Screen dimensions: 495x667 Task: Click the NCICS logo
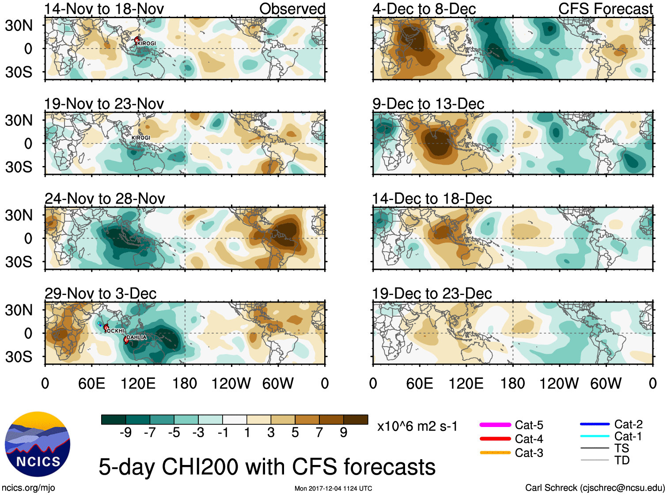point(38,444)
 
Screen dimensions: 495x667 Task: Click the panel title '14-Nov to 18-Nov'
point(104,9)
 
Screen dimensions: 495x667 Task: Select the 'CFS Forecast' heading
point(605,9)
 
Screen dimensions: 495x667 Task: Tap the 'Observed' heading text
point(292,9)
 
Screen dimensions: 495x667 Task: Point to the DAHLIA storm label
point(136,337)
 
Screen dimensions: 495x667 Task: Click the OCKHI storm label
point(116,331)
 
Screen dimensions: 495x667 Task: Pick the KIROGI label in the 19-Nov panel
point(141,138)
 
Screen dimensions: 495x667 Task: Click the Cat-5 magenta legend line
point(495,425)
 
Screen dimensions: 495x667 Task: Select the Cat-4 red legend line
point(495,439)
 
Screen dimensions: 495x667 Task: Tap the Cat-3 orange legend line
point(495,453)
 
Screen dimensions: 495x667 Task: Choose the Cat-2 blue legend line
point(595,424)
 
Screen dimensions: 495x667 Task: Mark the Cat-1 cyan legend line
point(595,436)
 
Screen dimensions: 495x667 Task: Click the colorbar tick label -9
point(126,433)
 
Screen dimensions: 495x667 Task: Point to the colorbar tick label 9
point(344,433)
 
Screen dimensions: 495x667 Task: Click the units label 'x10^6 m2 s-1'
point(417,427)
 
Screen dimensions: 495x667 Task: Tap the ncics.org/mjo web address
point(28,488)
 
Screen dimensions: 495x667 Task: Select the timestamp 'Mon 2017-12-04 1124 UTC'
point(333,488)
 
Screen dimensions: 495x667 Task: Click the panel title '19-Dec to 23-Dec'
point(432,294)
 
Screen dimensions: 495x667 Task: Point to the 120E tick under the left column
point(138,383)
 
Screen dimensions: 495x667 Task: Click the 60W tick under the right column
point(606,383)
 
